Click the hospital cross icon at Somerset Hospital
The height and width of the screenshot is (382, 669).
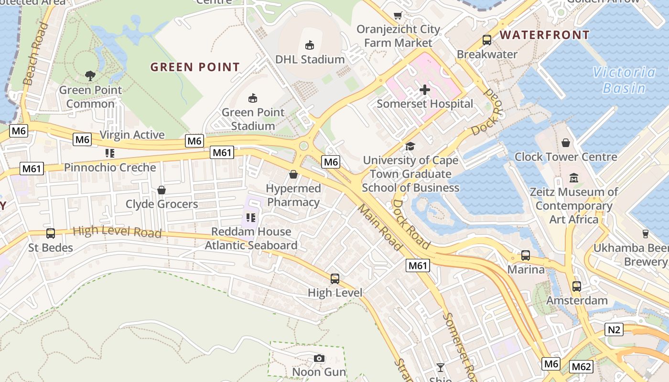[424, 89]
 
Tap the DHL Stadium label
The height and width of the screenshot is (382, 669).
[310, 59]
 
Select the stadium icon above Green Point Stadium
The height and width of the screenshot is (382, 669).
[253, 98]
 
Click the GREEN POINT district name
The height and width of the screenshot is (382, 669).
[195, 67]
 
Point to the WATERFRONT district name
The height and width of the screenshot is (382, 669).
[545, 35]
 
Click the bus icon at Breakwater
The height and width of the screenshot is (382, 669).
[487, 40]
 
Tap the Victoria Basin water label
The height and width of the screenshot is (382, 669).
[624, 80]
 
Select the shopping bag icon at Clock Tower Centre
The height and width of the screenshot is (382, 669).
[566, 143]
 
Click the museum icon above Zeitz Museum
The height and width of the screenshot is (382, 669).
[574, 179]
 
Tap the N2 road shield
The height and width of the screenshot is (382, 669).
[614, 329]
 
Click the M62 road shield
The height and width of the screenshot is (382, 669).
[581, 367]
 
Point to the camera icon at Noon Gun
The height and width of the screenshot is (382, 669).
[319, 358]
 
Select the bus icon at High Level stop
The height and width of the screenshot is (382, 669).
[335, 278]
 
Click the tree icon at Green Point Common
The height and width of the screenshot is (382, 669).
[90, 75]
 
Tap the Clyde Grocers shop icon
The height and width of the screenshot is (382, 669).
[162, 190]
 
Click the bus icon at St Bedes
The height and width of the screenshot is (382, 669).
[50, 233]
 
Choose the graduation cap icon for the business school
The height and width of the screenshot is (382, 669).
[410, 146]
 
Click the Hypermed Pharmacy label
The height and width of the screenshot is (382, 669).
[293, 195]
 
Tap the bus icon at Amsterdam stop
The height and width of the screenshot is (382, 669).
[577, 286]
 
